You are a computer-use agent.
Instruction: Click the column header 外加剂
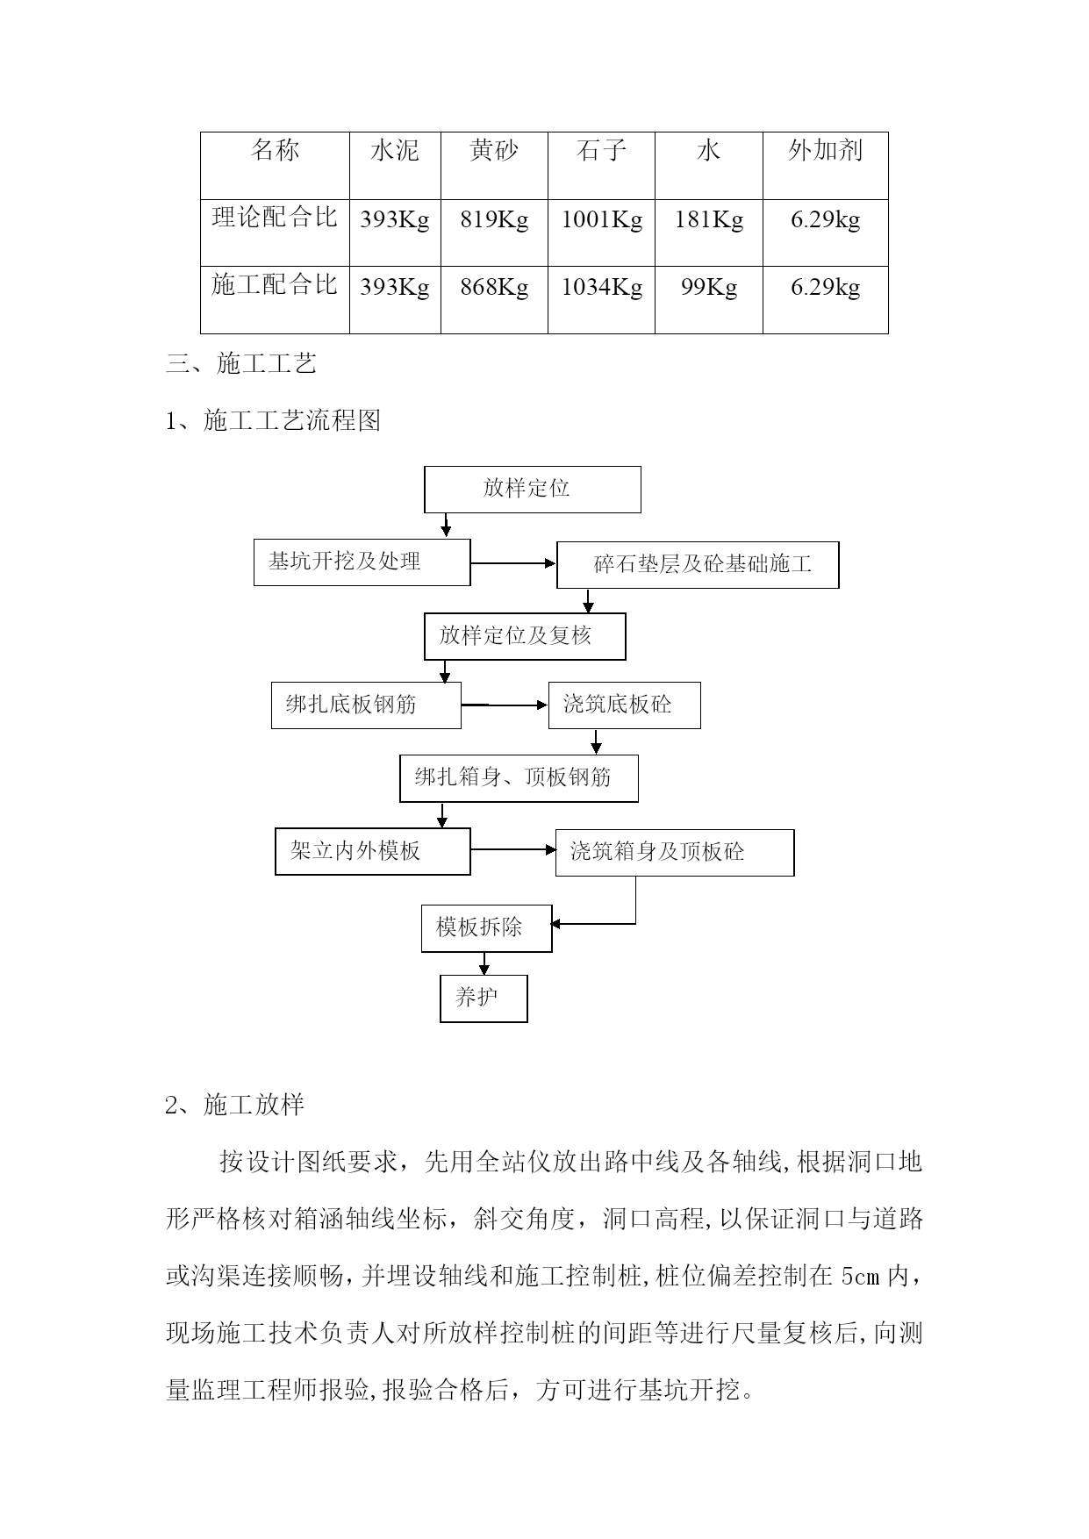point(825,151)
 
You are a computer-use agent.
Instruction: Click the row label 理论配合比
point(275,217)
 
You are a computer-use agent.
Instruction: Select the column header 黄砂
point(494,151)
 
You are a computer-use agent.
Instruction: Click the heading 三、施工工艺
point(241,363)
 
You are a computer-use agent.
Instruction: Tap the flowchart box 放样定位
point(533,490)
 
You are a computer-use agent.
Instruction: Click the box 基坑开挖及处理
point(362,562)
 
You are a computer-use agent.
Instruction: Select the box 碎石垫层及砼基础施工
point(698,565)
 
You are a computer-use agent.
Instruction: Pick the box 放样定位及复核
point(525,636)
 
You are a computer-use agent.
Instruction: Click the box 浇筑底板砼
point(625,705)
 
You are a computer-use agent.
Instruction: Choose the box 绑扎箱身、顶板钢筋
point(519,778)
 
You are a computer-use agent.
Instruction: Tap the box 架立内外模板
point(373,851)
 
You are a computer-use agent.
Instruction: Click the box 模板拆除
point(487,928)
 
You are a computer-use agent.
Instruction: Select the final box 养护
point(484,999)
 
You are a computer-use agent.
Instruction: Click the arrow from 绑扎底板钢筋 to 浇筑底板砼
point(505,705)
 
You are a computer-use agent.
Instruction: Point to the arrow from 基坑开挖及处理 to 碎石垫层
point(514,563)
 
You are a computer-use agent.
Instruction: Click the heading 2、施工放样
point(235,1105)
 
